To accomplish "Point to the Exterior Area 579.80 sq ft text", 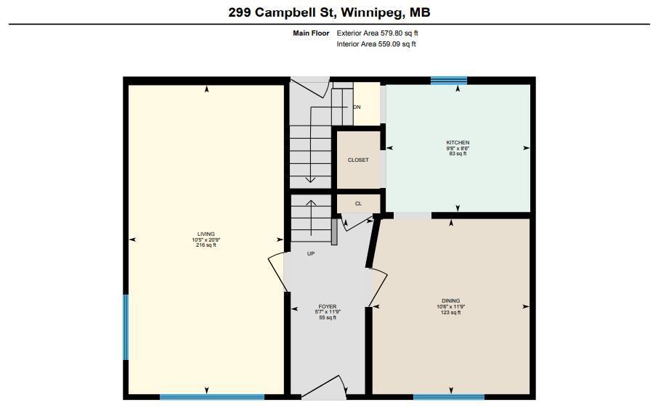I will coord(377,33).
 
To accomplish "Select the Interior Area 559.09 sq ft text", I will coord(376,44).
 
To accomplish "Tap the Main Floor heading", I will coord(311,33).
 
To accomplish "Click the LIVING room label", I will coord(206,234).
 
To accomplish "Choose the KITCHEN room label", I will coord(458,143).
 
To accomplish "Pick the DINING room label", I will coord(450,301).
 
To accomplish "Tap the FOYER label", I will coord(328,307).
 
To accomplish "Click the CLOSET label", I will coord(358,160).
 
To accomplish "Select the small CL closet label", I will coord(358,204).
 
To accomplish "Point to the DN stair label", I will coord(357,107).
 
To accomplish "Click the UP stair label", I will coord(311,254).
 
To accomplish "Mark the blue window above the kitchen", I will coord(448,81).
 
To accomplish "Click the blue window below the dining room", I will coord(449,397).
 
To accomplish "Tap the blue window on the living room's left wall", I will coord(126,327).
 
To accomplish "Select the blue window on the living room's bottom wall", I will coord(212,397).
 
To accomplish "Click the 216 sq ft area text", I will coord(206,245).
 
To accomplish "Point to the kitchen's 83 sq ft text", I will coord(458,154).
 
